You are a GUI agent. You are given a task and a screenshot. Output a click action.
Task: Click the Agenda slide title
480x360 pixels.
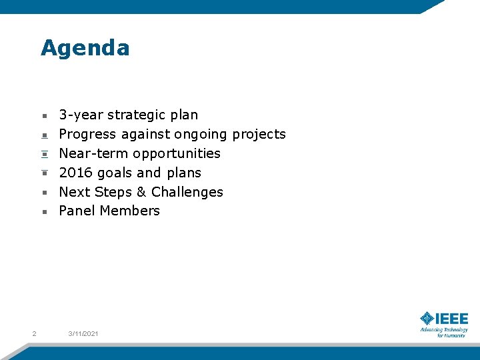pos(85,48)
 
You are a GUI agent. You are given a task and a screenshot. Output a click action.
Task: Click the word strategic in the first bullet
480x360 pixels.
pos(137,115)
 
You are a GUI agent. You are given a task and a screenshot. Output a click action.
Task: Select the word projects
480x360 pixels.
pos(259,135)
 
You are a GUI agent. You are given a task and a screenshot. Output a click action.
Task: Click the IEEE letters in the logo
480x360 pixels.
pos(452,318)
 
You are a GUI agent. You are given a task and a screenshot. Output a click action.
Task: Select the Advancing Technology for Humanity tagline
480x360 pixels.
pos(444,332)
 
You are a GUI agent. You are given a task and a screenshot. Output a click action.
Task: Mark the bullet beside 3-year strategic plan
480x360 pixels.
pos(44,115)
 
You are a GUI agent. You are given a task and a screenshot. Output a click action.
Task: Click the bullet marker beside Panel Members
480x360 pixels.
pos(44,211)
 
